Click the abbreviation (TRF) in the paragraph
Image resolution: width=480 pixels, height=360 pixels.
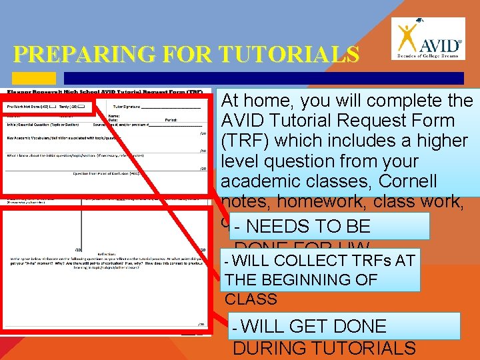243,141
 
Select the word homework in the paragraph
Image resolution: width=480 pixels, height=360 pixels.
312,201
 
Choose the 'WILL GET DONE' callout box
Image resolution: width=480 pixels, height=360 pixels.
343,327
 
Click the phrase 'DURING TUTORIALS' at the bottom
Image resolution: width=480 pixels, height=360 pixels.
324,348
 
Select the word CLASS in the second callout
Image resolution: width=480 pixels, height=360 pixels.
251,299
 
